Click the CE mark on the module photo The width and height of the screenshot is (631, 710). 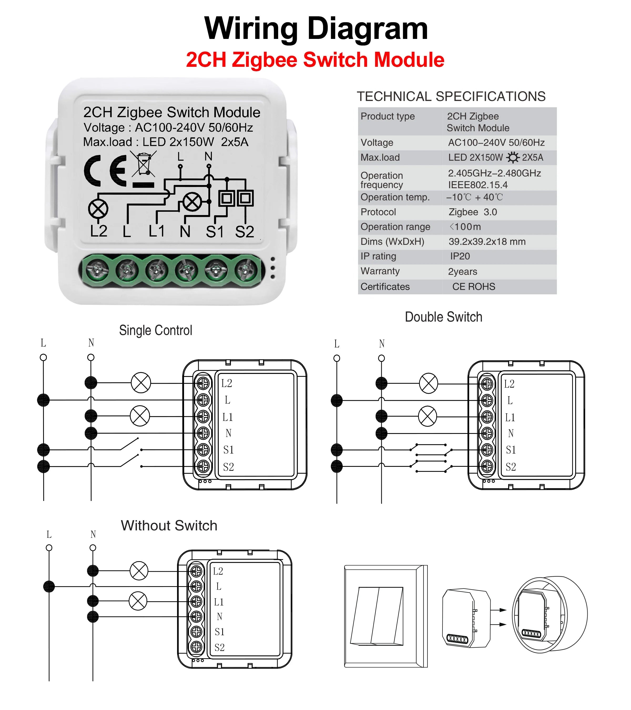pos(105,171)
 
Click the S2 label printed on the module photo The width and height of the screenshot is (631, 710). pos(245,232)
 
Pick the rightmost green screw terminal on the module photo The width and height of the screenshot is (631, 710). pos(246,270)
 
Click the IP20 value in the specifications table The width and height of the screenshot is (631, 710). pos(460,256)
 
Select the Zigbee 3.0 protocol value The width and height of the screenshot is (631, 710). pos(473,212)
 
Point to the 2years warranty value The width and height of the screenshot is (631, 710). pos(462,272)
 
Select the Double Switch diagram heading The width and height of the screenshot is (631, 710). pos(444,317)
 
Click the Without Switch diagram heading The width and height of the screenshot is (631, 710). pos(169,526)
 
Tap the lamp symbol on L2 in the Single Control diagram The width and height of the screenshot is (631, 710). pos(141,383)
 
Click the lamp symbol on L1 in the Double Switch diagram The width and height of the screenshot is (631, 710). pos(428,416)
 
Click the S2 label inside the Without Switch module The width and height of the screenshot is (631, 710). pos(220,647)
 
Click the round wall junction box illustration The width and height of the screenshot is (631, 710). pos(550,615)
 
